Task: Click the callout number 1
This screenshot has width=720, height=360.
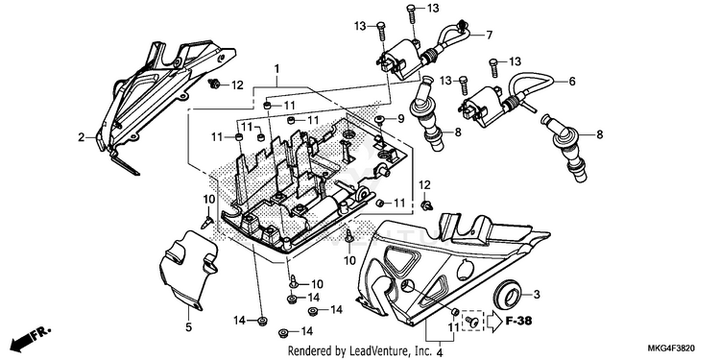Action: (x=276, y=69)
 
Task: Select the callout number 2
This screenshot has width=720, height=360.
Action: (x=82, y=137)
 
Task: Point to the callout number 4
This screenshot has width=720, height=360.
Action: (x=439, y=353)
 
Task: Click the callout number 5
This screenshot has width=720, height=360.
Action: (x=189, y=328)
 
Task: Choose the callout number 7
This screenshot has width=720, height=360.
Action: (x=489, y=35)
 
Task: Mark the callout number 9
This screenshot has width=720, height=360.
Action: (x=401, y=119)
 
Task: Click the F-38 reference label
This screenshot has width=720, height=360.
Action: (x=518, y=321)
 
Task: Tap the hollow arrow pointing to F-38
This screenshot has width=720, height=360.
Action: (x=495, y=321)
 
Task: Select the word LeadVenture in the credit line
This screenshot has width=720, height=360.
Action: (x=372, y=351)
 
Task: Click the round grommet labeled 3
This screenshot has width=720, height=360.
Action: (x=508, y=296)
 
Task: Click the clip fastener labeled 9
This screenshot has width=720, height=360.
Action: (x=380, y=120)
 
